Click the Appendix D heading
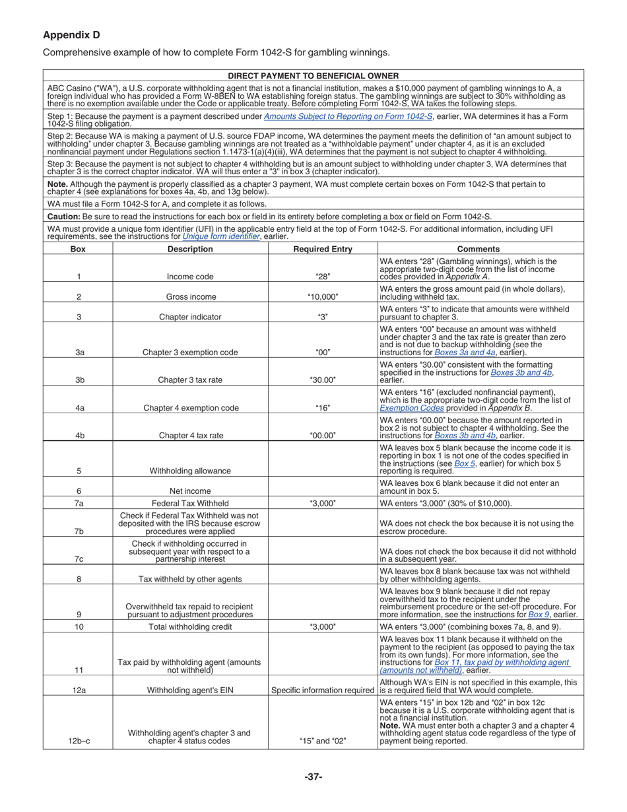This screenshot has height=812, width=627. coord(71,35)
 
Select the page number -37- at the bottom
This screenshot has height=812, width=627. coord(313,777)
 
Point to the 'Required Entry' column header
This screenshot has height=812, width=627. coord(323,249)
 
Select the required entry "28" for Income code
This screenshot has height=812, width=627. coord(323,277)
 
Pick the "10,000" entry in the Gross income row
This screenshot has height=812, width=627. coord(323,297)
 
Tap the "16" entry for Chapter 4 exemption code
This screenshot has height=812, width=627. coord(323,408)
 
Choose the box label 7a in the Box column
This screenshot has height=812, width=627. coord(79,503)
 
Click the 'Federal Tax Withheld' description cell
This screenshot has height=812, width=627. coord(190,503)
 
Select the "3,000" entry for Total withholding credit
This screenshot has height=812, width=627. coord(323,626)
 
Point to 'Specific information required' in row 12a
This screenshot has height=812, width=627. coord(323,691)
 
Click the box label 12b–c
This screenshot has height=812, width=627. coord(79,741)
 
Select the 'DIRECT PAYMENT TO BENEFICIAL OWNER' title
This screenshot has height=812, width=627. coord(313,76)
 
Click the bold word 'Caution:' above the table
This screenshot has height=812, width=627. coord(64,217)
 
